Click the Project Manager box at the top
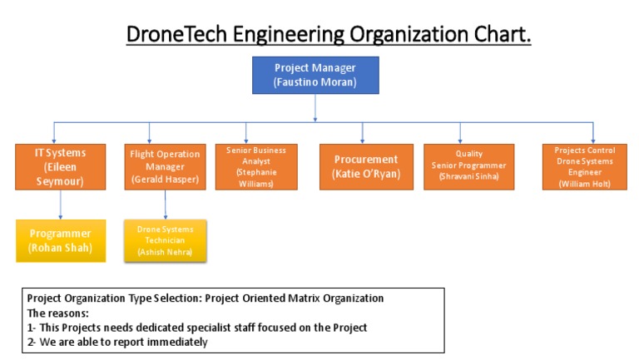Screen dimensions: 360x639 [x=315, y=74]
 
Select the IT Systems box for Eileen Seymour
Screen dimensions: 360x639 [x=59, y=166]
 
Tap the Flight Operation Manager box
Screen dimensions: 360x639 [x=165, y=166]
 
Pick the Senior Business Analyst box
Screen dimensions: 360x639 [x=255, y=166]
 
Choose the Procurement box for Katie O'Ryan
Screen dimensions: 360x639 [x=366, y=166]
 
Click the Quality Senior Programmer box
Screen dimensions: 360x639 [x=468, y=166]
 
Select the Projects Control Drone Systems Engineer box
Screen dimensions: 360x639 [x=584, y=166]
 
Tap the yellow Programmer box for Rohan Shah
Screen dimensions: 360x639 [x=60, y=240]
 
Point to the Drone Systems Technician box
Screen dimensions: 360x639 [x=165, y=240]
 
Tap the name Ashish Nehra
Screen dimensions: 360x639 [x=165, y=251]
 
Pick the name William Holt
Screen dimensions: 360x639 [x=584, y=184]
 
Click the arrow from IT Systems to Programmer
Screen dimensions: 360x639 [x=60, y=205]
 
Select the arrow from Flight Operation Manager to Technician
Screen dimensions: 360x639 [x=165, y=205]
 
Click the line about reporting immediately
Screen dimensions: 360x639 [x=117, y=342]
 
